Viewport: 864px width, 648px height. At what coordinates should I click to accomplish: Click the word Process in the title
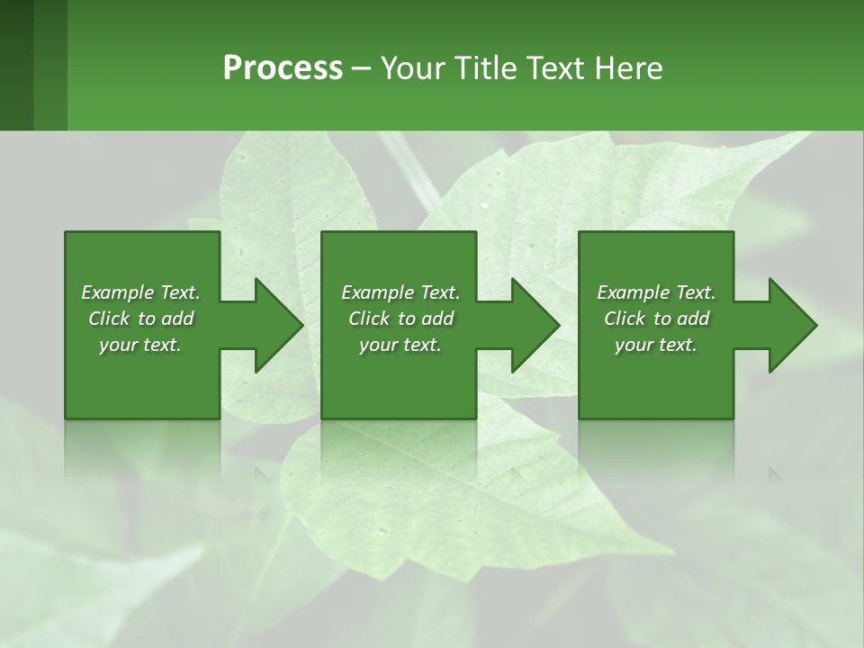pos(283,68)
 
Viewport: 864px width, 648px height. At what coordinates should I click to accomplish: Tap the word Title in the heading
pos(483,68)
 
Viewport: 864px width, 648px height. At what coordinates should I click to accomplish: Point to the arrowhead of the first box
pos(278,326)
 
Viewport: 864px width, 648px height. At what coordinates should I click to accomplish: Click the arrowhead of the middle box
pos(535,326)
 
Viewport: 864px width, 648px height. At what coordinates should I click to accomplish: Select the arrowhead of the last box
pos(792,326)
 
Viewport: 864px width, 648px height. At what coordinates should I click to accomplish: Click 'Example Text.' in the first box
pos(140,292)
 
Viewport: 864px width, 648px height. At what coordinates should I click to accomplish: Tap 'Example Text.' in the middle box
pos(400,292)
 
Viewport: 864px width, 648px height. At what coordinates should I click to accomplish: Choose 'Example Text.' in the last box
pos(656,292)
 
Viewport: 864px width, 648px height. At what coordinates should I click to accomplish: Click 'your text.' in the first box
pos(140,345)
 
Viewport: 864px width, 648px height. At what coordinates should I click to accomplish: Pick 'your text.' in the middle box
pos(400,345)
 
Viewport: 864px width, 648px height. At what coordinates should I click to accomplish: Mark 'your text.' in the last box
pos(656,345)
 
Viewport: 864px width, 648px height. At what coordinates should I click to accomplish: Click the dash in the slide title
pos(362,68)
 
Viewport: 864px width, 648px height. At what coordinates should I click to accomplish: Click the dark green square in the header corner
pos(16,65)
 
